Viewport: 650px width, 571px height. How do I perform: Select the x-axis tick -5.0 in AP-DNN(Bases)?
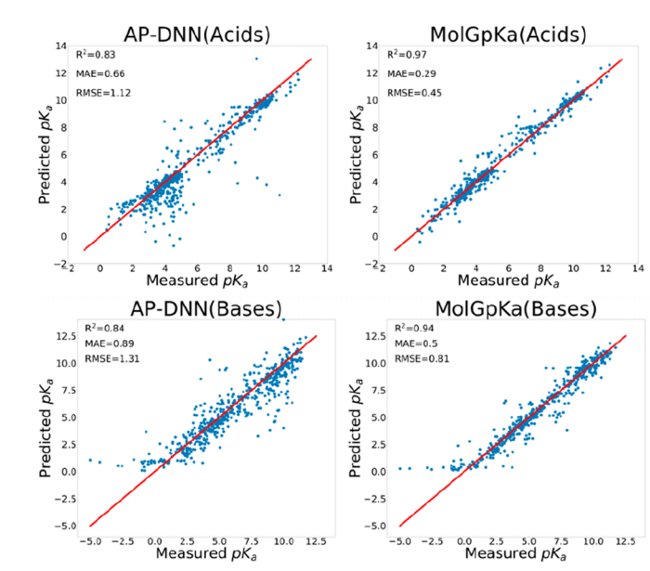coord(89,539)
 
